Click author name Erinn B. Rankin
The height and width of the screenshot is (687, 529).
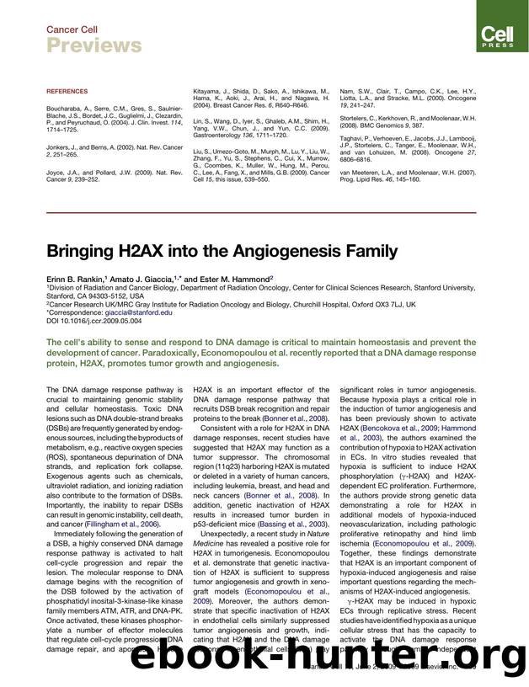(x=75, y=276)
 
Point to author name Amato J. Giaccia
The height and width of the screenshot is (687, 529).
(x=151, y=276)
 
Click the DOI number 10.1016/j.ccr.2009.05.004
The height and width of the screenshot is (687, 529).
(x=97, y=320)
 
